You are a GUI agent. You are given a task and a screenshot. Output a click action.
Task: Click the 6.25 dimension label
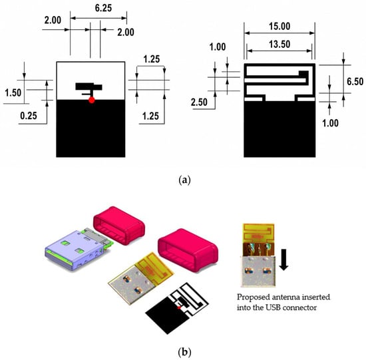click(x=103, y=8)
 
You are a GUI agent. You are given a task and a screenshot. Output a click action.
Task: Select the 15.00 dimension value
click(x=279, y=26)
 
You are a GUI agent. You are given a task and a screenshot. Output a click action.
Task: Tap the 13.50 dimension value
click(x=279, y=44)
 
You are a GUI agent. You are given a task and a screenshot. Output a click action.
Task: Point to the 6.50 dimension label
click(x=355, y=81)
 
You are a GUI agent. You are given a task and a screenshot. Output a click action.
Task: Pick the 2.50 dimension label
click(x=199, y=102)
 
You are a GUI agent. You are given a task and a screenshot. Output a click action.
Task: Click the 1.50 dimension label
click(x=13, y=92)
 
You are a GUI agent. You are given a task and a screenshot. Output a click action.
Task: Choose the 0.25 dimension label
click(x=29, y=116)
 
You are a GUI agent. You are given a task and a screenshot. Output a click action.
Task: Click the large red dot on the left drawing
click(x=92, y=100)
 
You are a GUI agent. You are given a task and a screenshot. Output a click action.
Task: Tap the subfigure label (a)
click(x=184, y=180)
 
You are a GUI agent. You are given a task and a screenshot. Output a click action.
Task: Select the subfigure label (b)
click(x=184, y=351)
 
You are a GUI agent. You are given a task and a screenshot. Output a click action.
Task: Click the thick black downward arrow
click(x=284, y=260)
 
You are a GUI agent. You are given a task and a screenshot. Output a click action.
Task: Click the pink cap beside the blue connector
click(x=119, y=226)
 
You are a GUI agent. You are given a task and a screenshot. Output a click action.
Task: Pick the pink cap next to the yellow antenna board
click(x=188, y=250)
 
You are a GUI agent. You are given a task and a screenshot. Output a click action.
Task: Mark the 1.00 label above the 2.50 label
click(x=218, y=47)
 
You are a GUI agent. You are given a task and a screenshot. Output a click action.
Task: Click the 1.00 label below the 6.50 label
click(x=330, y=123)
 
